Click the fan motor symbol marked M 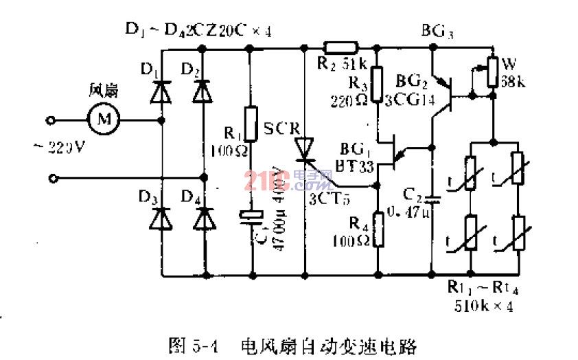coord(104,119)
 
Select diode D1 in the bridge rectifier coord(161,91)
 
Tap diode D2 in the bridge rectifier coord(201,91)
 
